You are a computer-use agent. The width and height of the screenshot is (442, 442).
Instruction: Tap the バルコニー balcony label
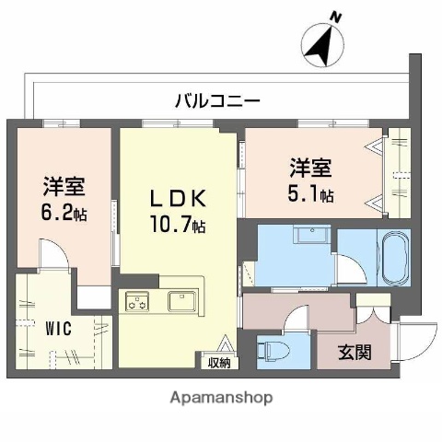[x=218, y=100]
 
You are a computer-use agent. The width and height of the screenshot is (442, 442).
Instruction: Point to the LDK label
[x=178, y=198]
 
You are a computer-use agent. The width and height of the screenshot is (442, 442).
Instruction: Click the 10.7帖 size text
[x=178, y=224]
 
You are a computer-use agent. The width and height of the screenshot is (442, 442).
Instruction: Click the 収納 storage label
[x=218, y=362]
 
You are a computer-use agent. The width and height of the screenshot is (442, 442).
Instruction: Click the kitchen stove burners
[x=138, y=299]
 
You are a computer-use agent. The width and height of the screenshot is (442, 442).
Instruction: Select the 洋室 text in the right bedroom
[x=310, y=169]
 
